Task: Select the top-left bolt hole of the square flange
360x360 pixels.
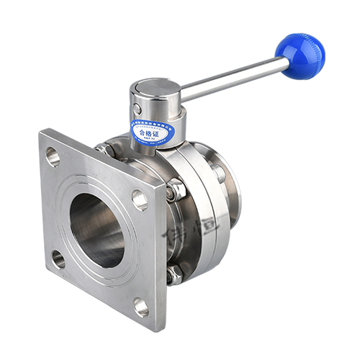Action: pyautogui.click(x=53, y=155)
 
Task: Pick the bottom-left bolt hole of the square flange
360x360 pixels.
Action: pyautogui.click(x=58, y=258)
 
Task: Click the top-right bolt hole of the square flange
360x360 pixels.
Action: pyautogui.click(x=139, y=199)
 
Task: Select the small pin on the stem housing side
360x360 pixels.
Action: pyautogui.click(x=136, y=109)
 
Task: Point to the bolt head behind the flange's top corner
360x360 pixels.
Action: pyautogui.click(x=103, y=149)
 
